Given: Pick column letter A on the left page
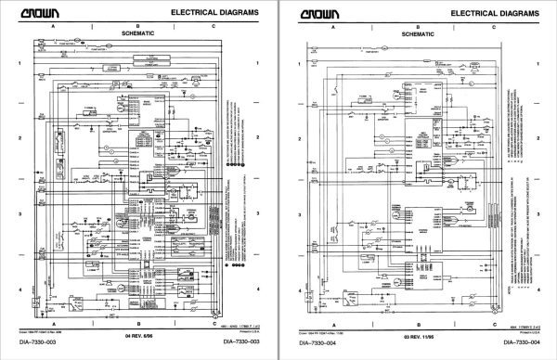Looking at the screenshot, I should [53, 25].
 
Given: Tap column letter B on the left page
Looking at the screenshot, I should [137, 25].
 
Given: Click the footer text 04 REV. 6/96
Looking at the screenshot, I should [137, 332].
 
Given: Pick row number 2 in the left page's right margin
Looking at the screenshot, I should [256, 137].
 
